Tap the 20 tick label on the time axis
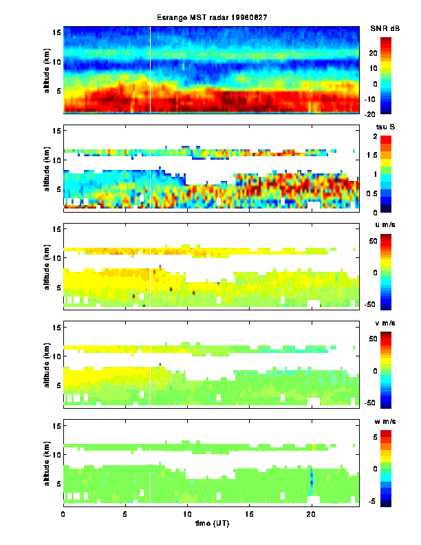[x=312, y=513]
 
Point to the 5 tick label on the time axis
[x=125, y=513]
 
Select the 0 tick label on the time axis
[x=63, y=513]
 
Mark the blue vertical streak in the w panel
[x=311, y=480]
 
